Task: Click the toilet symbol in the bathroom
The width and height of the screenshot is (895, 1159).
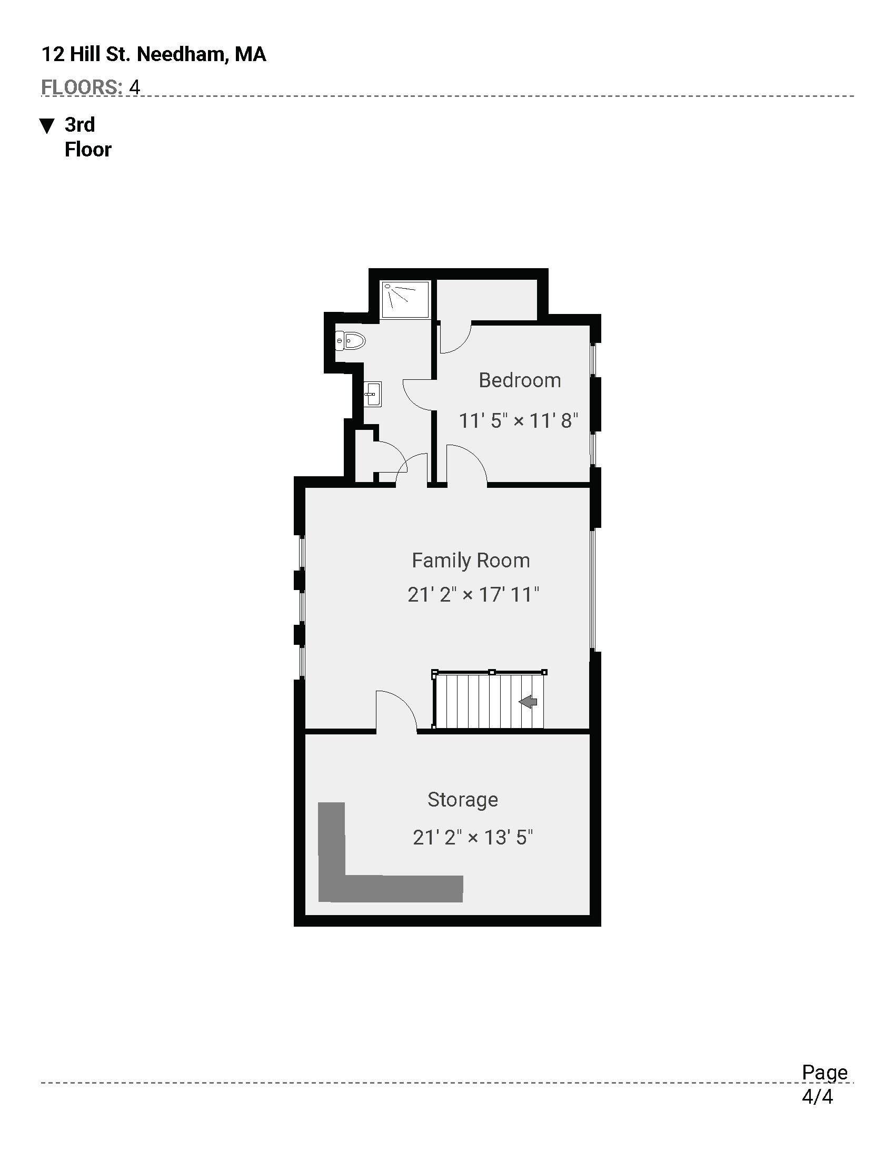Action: pyautogui.click(x=351, y=341)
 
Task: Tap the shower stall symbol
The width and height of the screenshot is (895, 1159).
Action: pyautogui.click(x=405, y=300)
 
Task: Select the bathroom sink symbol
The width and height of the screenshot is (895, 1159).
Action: pyautogui.click(x=373, y=394)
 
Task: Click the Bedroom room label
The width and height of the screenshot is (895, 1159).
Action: pyautogui.click(x=520, y=380)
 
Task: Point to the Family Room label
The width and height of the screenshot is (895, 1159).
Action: pyautogui.click(x=471, y=561)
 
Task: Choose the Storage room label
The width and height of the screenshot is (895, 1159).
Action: pyautogui.click(x=463, y=800)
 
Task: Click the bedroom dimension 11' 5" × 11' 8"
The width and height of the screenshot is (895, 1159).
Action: pyautogui.click(x=518, y=421)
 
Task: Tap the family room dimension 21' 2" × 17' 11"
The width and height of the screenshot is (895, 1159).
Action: pyautogui.click(x=473, y=594)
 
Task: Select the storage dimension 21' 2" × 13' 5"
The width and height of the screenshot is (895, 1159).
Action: pyautogui.click(x=472, y=838)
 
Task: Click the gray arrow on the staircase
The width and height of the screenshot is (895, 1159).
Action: pyautogui.click(x=528, y=702)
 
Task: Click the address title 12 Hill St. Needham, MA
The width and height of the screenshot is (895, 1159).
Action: pyautogui.click(x=154, y=54)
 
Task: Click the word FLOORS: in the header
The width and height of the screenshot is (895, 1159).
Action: pyautogui.click(x=82, y=87)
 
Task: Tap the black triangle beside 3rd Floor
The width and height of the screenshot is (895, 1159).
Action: pyautogui.click(x=47, y=126)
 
